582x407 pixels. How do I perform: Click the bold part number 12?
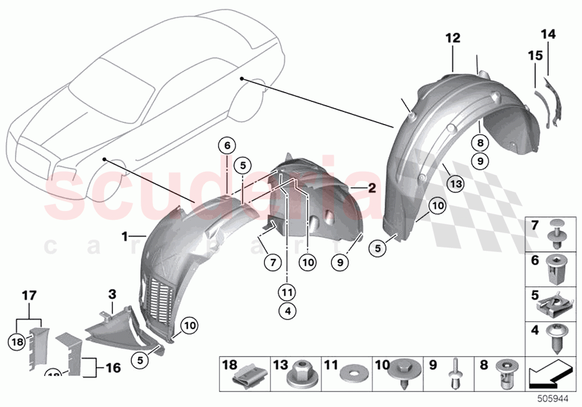(x=453, y=38)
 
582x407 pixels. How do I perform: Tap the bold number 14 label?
(x=548, y=35)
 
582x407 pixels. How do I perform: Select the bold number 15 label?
(x=535, y=56)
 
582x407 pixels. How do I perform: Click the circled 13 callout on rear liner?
(x=454, y=182)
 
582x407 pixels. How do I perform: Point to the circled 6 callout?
(x=226, y=146)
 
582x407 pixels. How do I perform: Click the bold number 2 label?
(x=371, y=188)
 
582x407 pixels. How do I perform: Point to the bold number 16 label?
(x=113, y=368)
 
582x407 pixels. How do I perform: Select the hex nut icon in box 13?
(x=299, y=377)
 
